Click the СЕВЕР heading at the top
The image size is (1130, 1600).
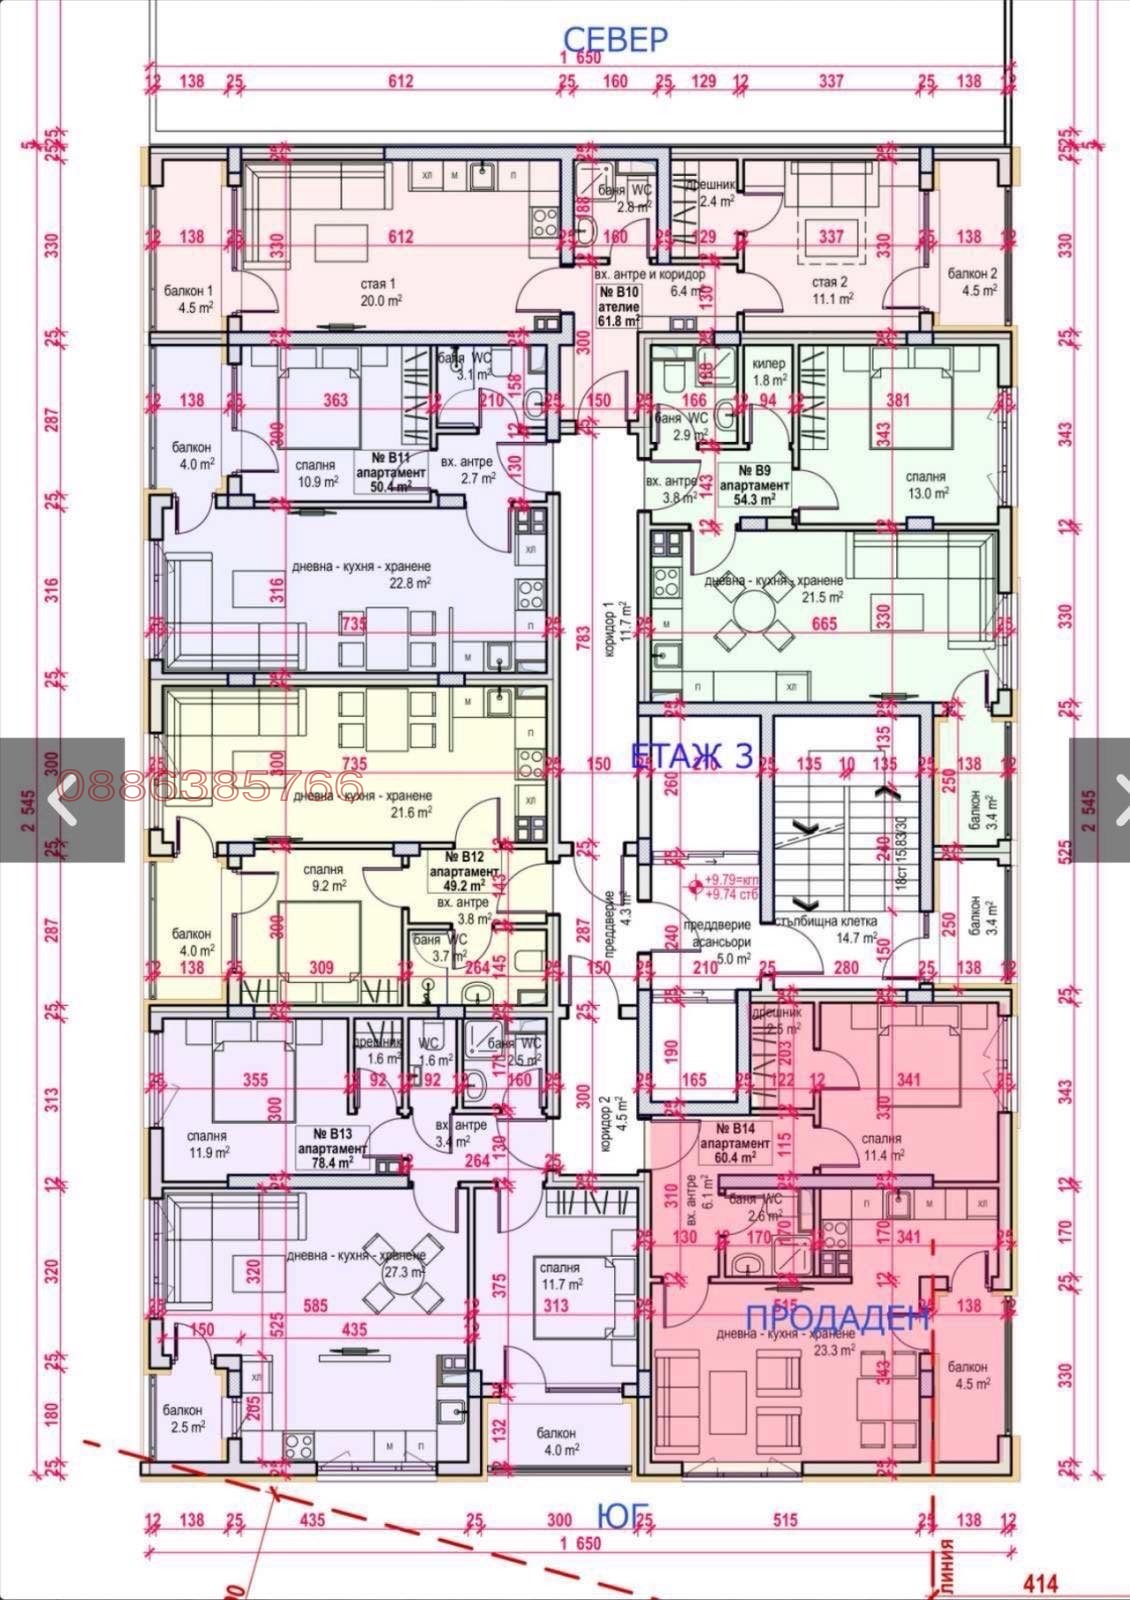pos(615,39)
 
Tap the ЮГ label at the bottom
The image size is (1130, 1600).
pos(617,1515)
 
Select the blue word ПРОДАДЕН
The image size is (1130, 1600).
pos(838,1316)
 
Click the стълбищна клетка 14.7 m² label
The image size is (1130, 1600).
pos(827,929)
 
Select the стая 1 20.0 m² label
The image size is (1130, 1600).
pos(382,291)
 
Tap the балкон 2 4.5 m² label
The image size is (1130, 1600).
pos(972,281)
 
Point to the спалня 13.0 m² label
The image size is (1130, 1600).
pos(926,485)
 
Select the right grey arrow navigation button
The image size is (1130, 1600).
pos(1100,799)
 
